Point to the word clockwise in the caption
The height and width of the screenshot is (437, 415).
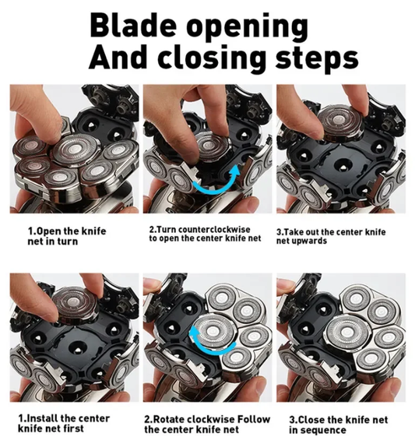pyautogui.click(x=207, y=419)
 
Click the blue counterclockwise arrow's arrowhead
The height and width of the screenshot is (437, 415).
pyautogui.click(x=236, y=170)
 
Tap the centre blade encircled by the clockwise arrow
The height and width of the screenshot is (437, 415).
pyautogui.click(x=213, y=331)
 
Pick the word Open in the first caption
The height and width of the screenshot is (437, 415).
pyautogui.click(x=48, y=231)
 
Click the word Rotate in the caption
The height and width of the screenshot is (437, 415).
pyautogui.click(x=165, y=419)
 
